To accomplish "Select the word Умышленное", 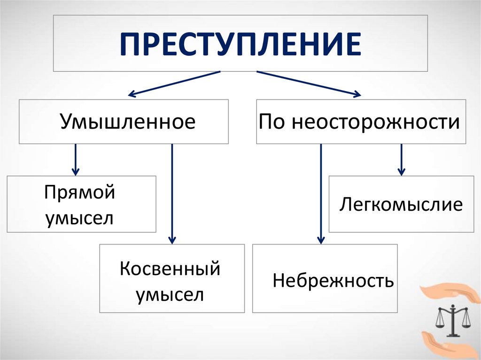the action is (127, 122).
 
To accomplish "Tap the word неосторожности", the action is (375, 122).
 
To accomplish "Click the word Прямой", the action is (80, 192).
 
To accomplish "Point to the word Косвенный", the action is (170, 269).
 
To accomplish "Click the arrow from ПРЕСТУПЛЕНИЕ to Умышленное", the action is (174, 84).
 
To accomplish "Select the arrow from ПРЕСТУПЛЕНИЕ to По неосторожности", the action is (308, 84).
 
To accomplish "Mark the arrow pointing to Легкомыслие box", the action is (401, 160).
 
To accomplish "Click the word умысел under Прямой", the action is (79, 218).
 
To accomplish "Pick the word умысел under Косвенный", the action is (170, 295).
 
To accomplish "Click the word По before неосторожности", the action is (272, 122).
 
